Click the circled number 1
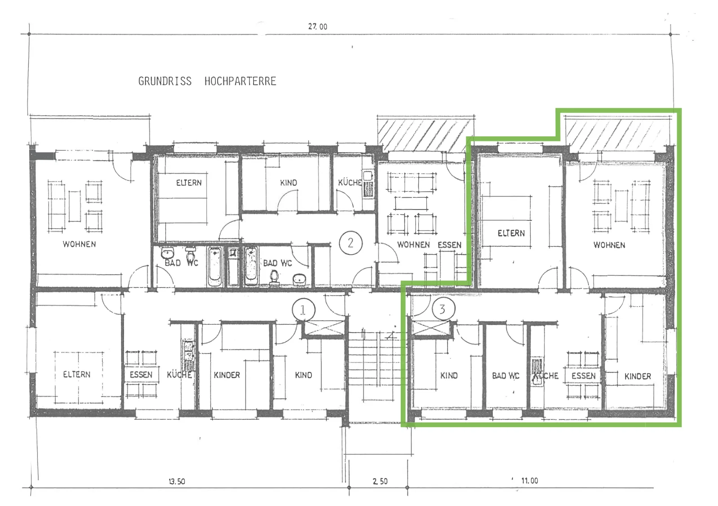[x=303, y=310]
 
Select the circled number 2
[x=350, y=243]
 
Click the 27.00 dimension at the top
[x=318, y=26]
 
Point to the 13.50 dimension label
[x=177, y=481]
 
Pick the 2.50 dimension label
[x=380, y=481]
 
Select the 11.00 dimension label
[x=530, y=481]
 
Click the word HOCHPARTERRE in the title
[x=241, y=81]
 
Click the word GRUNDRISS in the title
[x=165, y=81]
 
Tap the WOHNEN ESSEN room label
[x=429, y=245]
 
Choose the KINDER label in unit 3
[x=638, y=376]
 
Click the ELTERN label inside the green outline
[x=511, y=233]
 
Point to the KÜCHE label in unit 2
[x=350, y=183]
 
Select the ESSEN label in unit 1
[x=141, y=375]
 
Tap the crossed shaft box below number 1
[x=324, y=328]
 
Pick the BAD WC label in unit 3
[x=506, y=375]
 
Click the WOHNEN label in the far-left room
[x=79, y=244]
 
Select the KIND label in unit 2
[x=289, y=183]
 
